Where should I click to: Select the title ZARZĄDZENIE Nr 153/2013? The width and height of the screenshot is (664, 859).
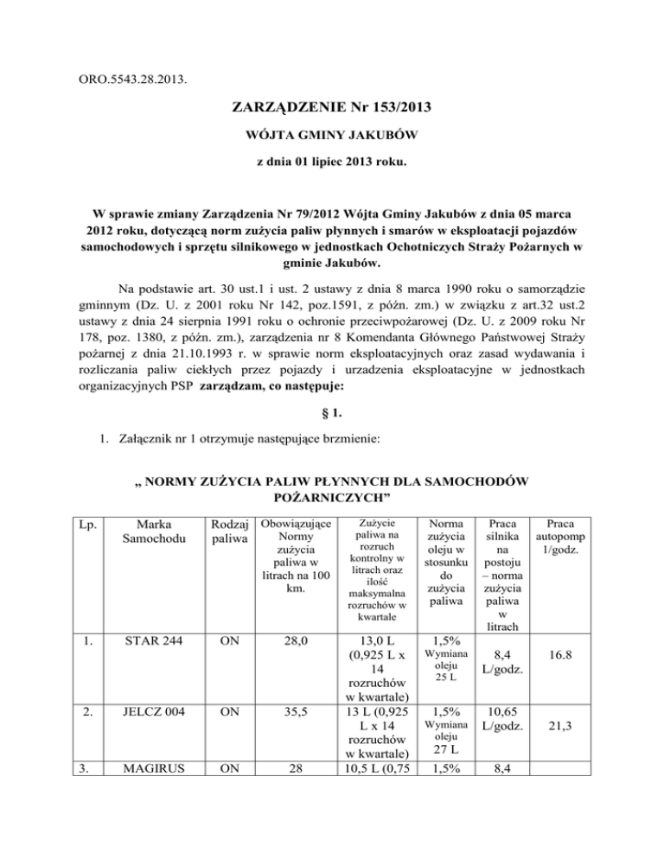[331, 110]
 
